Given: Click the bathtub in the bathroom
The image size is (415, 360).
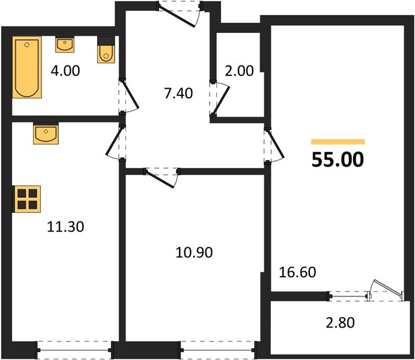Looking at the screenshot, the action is coord(27,67).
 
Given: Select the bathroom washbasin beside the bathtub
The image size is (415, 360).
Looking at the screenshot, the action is coord(65,44).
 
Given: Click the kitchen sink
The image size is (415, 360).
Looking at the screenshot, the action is coord(46,134).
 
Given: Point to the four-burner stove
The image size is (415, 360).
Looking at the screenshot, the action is coord(27,199).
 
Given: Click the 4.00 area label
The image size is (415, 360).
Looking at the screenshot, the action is coord(65,71).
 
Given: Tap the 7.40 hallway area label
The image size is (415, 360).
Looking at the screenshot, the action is coord(178,94).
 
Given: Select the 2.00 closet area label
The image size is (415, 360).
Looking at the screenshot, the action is coord(239,71).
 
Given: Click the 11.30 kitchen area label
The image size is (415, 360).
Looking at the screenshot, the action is coord(65,227).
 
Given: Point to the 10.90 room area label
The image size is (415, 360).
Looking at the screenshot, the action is coord(194,253).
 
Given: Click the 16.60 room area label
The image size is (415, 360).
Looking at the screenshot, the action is coord(297,272).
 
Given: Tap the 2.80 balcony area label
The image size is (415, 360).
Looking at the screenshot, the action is coord(340,323).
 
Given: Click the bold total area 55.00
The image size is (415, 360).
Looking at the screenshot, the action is coord(338,160).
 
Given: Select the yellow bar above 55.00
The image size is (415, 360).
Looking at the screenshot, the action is coord(338,142).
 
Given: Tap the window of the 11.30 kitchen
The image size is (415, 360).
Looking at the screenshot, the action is coord(75,350).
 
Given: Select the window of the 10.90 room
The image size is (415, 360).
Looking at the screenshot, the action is coord(218,350).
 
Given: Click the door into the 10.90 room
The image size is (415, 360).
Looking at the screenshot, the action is coord(162,178).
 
